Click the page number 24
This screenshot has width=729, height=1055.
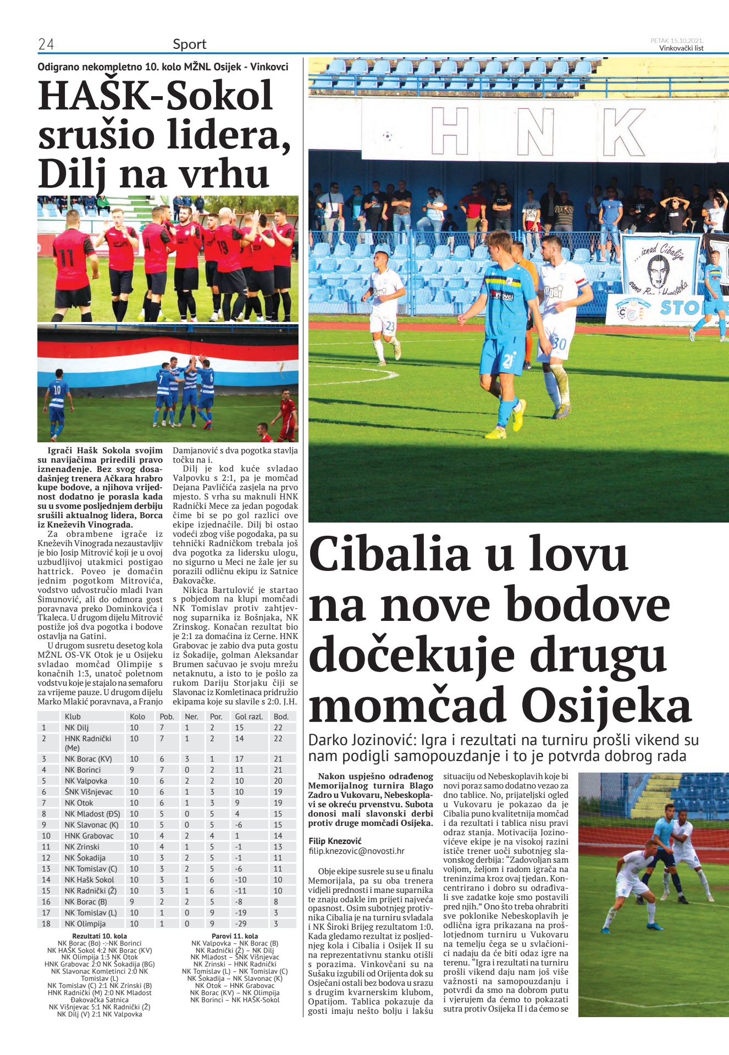click(46, 44)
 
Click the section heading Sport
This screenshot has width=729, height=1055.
click(189, 44)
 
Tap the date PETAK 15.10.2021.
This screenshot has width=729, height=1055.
click(677, 41)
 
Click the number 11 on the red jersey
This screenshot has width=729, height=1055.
click(67, 258)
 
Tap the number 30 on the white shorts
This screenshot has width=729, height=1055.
click(559, 344)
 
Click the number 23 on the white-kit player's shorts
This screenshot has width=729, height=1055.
click(390, 326)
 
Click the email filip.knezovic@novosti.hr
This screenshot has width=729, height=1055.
click(356, 851)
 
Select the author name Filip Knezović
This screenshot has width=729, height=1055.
click(335, 841)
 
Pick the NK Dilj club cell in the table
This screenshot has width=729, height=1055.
click(76, 728)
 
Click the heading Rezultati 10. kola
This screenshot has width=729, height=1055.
click(100, 936)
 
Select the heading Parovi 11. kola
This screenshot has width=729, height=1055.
click(235, 936)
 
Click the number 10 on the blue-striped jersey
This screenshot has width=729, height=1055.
click(57, 391)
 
